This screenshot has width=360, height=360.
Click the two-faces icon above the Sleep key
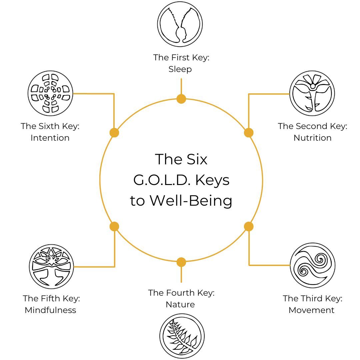tap(180, 24)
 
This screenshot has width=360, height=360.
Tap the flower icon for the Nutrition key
tap(312, 94)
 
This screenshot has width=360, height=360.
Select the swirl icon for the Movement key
tap(312, 265)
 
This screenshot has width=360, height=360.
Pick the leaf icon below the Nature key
tap(182, 336)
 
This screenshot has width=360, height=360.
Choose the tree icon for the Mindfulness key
tap(51, 266)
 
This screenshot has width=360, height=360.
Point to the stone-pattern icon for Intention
tap(50, 93)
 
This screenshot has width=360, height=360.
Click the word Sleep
tap(180, 69)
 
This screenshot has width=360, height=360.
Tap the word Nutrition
tap(312, 138)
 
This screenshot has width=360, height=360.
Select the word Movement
tap(311, 310)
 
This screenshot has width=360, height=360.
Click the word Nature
tap(180, 304)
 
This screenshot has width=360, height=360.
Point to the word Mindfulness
tap(50, 310)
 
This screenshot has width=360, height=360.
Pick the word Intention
tap(50, 138)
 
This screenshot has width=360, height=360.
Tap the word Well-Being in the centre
tap(191, 201)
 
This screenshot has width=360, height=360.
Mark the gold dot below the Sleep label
tap(181, 99)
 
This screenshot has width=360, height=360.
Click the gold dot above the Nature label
tap(181, 262)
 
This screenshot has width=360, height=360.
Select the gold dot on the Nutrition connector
tap(249, 133)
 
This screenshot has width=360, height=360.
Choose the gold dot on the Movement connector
tap(249, 227)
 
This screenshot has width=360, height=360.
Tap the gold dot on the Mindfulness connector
tap(114, 227)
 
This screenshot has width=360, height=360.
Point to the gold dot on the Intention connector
tap(114, 133)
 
